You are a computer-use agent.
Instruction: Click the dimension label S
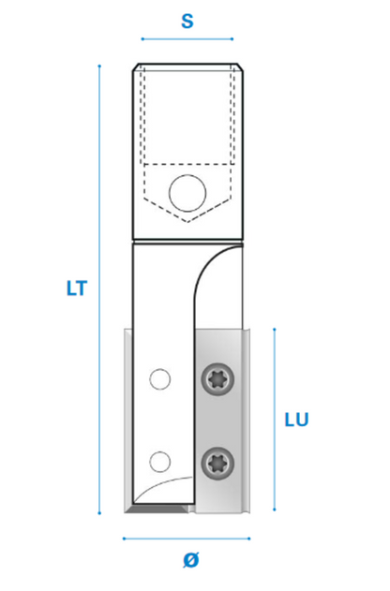tap(187, 22)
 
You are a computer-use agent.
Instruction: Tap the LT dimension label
tap(77, 288)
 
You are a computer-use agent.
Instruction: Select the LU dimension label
tap(297, 420)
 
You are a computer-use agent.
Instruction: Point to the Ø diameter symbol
tap(191, 560)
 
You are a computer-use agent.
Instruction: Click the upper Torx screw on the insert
tap(217, 379)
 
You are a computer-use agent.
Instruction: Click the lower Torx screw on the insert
tap(217, 464)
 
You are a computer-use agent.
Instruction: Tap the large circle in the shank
tap(187, 193)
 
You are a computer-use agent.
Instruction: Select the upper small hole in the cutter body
tap(160, 379)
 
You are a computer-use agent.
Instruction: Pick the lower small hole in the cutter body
tap(160, 462)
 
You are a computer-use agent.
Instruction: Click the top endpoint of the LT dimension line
tap(99, 66)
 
